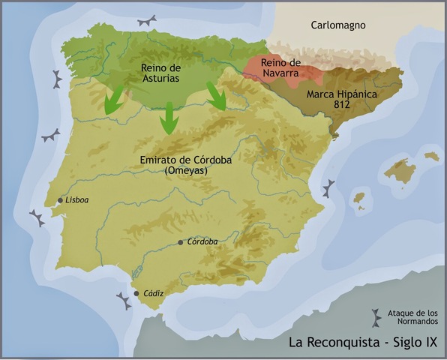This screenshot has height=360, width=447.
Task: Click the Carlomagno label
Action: pos(337,25)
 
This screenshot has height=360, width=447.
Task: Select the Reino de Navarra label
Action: pos(280,68)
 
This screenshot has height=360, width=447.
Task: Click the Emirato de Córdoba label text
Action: pos(178,160)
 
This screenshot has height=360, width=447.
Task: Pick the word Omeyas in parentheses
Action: pos(178,170)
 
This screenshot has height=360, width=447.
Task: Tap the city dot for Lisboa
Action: pos(60,200)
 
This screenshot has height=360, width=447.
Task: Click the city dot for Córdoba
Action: pos(180,242)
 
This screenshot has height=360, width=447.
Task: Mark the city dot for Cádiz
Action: pos(136,293)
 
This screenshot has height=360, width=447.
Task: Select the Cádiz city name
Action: pos(152,293)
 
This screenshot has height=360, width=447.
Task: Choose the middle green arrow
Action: pos(169,118)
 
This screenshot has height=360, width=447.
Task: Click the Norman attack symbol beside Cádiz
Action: pos(123,301)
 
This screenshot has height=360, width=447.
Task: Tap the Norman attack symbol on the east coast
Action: pos(328,188)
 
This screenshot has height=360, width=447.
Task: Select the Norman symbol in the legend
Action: pos(375,315)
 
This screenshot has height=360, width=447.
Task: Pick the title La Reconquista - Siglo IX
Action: pos(364,343)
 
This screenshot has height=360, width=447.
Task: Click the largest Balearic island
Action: pos(400,171)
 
